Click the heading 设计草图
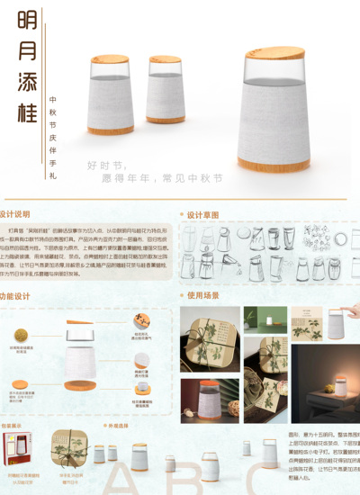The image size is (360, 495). (x=202, y=215)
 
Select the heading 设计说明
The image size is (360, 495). (x=15, y=215)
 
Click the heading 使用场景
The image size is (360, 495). (x=202, y=294)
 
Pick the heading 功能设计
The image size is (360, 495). (x=15, y=295)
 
